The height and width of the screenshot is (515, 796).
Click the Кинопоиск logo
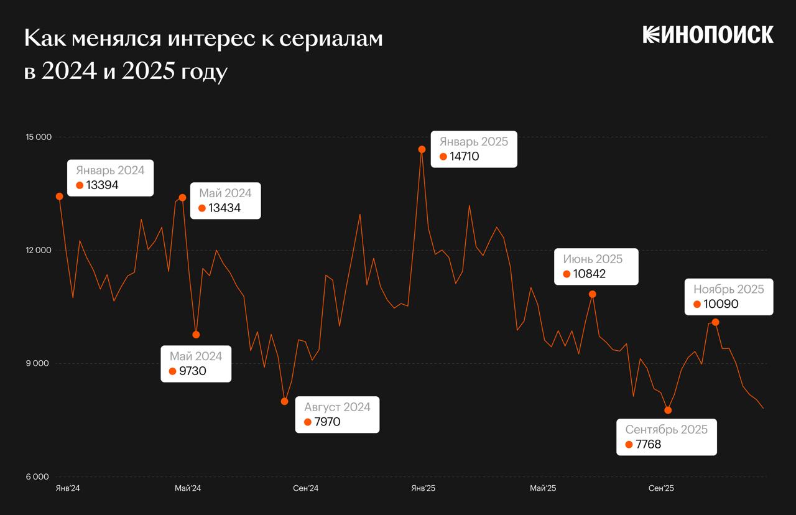(x=708, y=35)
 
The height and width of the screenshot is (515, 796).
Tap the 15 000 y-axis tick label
(x=38, y=137)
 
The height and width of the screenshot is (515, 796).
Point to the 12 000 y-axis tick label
(x=38, y=251)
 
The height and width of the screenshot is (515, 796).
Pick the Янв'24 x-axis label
(x=68, y=488)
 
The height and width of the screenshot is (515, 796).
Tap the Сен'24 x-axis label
(x=305, y=488)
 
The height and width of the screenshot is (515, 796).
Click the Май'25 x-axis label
(x=543, y=488)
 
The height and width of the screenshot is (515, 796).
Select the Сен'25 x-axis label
(x=661, y=488)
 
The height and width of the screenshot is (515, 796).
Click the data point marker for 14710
(x=422, y=149)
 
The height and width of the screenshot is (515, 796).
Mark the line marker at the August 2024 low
(x=285, y=401)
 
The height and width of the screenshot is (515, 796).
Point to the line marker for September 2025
(x=668, y=410)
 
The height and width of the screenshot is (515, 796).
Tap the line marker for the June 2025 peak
(x=593, y=294)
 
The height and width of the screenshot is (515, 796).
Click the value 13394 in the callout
(x=102, y=185)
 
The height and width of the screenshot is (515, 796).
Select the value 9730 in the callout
(x=192, y=371)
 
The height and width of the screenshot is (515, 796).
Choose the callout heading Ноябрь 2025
(x=729, y=289)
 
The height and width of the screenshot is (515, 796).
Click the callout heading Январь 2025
(x=474, y=142)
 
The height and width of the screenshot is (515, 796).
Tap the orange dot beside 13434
(x=202, y=208)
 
